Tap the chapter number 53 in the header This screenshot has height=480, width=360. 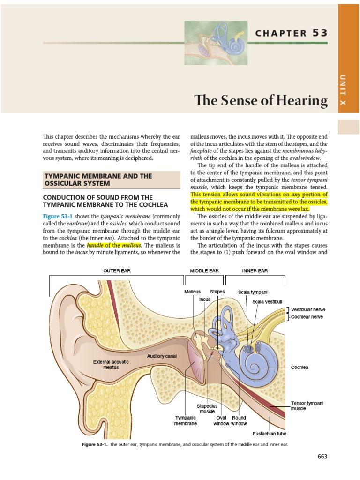[x=318, y=33]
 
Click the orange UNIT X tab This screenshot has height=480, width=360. [x=348, y=89]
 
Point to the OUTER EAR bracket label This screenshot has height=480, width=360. [x=115, y=271]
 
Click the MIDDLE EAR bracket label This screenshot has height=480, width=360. [x=204, y=271]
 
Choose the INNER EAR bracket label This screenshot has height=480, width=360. [x=255, y=271]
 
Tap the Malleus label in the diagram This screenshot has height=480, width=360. [x=192, y=292]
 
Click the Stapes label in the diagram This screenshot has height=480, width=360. [x=217, y=292]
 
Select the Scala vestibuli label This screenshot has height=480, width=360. [x=267, y=302]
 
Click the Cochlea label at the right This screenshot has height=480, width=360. [x=300, y=367]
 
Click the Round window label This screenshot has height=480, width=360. [x=239, y=420]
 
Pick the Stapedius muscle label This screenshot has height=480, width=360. [x=207, y=409]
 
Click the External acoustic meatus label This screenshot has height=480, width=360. [x=111, y=364]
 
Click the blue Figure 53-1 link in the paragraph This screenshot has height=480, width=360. [x=58, y=217]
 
